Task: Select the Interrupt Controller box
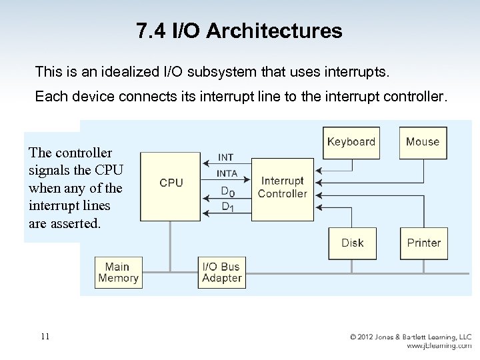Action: click(x=283, y=188)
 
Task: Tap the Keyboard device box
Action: click(x=351, y=142)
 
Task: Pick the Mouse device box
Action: click(x=423, y=142)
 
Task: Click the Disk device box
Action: click(x=352, y=243)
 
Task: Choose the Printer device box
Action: click(x=423, y=243)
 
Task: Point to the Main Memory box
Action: click(x=118, y=273)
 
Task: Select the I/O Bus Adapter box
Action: click(x=221, y=273)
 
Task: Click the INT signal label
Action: click(x=226, y=158)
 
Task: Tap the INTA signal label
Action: click(x=227, y=173)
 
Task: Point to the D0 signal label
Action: click(x=227, y=191)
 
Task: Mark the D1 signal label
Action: click(x=227, y=207)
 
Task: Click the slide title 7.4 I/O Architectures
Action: click(x=239, y=31)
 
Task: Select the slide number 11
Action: click(x=45, y=336)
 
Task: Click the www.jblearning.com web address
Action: click(x=439, y=346)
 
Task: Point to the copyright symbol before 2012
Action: click(x=354, y=337)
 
